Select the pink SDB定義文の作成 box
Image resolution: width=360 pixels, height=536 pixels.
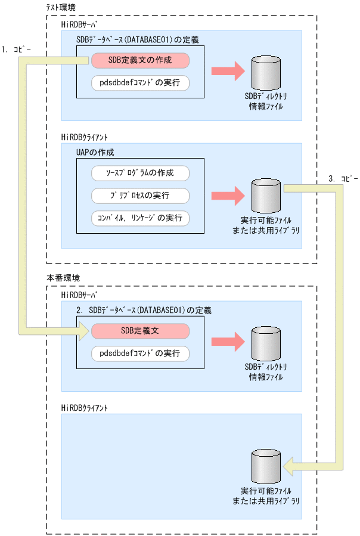coord(140,61)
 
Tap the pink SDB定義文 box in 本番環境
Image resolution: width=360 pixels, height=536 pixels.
coord(140,331)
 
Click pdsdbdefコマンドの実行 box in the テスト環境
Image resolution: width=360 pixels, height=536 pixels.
coord(140,83)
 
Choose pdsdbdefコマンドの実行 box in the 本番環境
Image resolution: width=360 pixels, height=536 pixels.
coord(140,354)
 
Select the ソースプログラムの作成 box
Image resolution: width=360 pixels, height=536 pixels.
coord(140,173)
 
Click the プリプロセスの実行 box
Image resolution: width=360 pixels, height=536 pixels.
coord(140,196)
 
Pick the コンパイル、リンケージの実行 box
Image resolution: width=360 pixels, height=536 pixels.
coord(140,218)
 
